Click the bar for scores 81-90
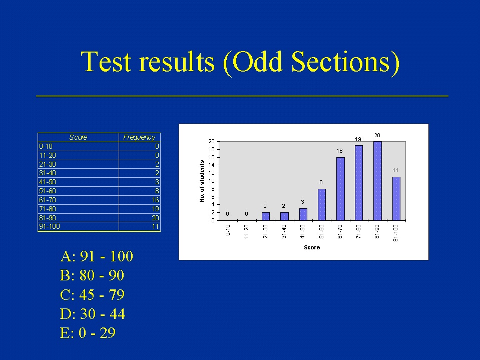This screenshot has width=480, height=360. pyautogui.click(x=377, y=181)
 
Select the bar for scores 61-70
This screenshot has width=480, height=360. pyautogui.click(x=340, y=189)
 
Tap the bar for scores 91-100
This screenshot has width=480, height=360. pyautogui.click(x=396, y=198)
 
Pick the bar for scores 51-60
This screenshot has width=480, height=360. pyautogui.click(x=322, y=204)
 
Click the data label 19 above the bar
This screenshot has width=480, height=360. pyautogui.click(x=358, y=139)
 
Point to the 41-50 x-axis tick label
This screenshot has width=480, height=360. pyautogui.click(x=303, y=231)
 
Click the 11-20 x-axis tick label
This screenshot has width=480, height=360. pyautogui.click(x=246, y=231)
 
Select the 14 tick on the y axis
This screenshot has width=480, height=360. pyautogui.click(x=212, y=165)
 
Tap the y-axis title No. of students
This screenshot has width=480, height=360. pyautogui.click(x=202, y=181)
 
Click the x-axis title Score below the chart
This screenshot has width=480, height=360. pyautogui.click(x=312, y=247)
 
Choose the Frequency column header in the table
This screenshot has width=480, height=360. pyautogui.click(x=139, y=138)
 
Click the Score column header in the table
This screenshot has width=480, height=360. pyautogui.click(x=78, y=138)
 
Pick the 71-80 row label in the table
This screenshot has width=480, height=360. pyautogui.click(x=48, y=209)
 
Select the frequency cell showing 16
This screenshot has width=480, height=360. pyautogui.click(x=156, y=200)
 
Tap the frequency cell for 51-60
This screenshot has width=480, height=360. pyautogui.click(x=157, y=191)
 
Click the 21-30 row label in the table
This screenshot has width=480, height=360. pyautogui.click(x=48, y=164)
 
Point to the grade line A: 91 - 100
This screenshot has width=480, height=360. pyautogui.click(x=97, y=256)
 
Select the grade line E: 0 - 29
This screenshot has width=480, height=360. pyautogui.click(x=88, y=333)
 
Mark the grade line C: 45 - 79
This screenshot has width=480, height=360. pyautogui.click(x=92, y=294)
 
